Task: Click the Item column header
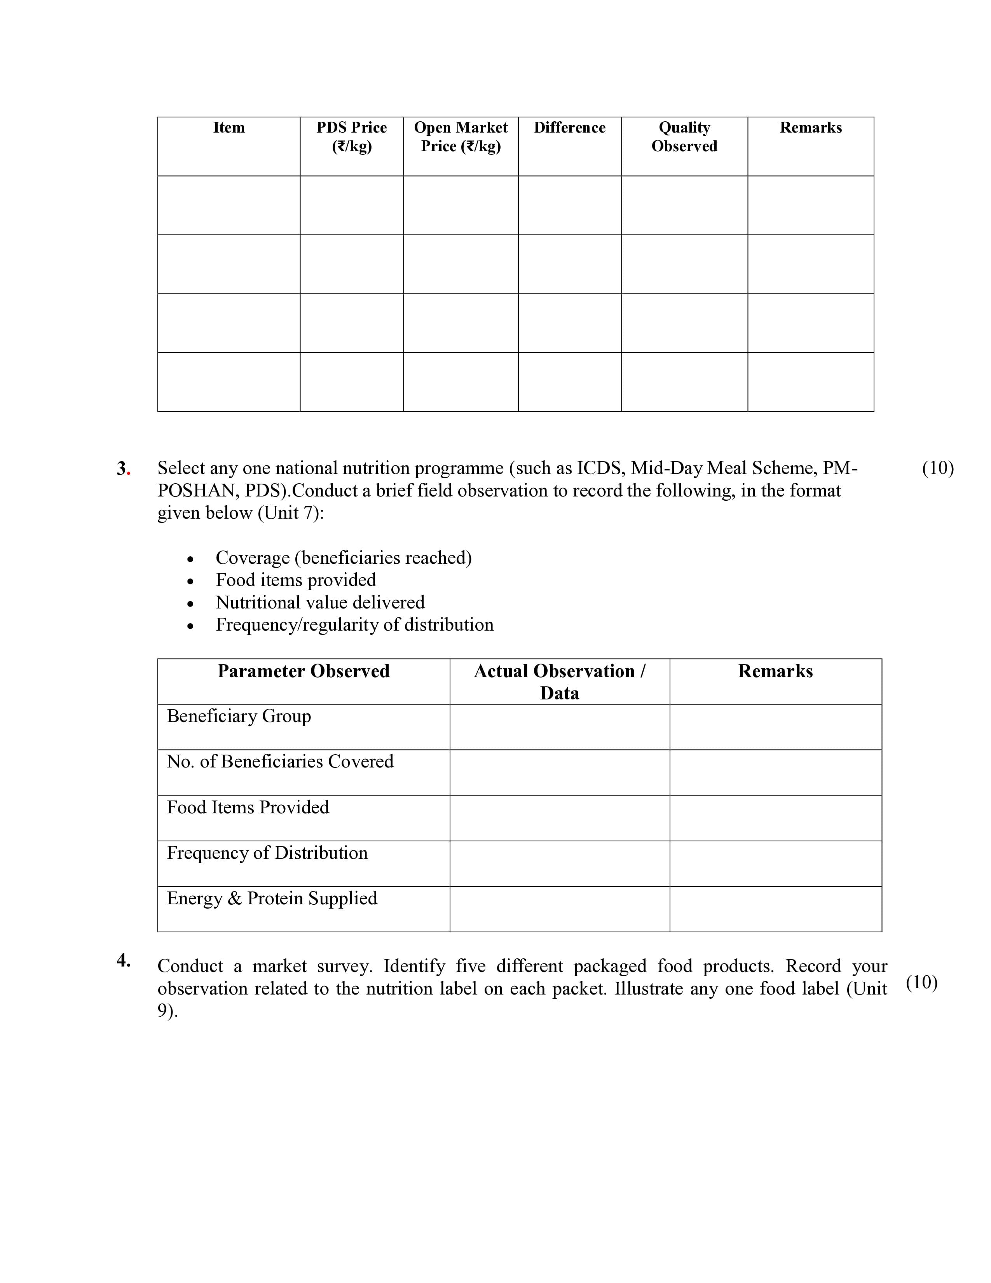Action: point(229,128)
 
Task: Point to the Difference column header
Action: point(569,128)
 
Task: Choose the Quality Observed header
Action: point(684,136)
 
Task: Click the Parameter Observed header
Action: point(303,671)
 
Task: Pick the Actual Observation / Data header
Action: point(560,682)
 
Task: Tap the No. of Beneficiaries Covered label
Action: point(280,761)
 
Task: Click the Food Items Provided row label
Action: point(248,807)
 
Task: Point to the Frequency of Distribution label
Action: point(267,852)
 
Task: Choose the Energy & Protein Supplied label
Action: point(272,898)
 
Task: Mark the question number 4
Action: point(123,960)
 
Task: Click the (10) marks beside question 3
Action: point(938,468)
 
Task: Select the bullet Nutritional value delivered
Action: point(320,602)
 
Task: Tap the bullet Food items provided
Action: point(296,580)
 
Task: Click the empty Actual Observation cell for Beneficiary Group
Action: point(560,727)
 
